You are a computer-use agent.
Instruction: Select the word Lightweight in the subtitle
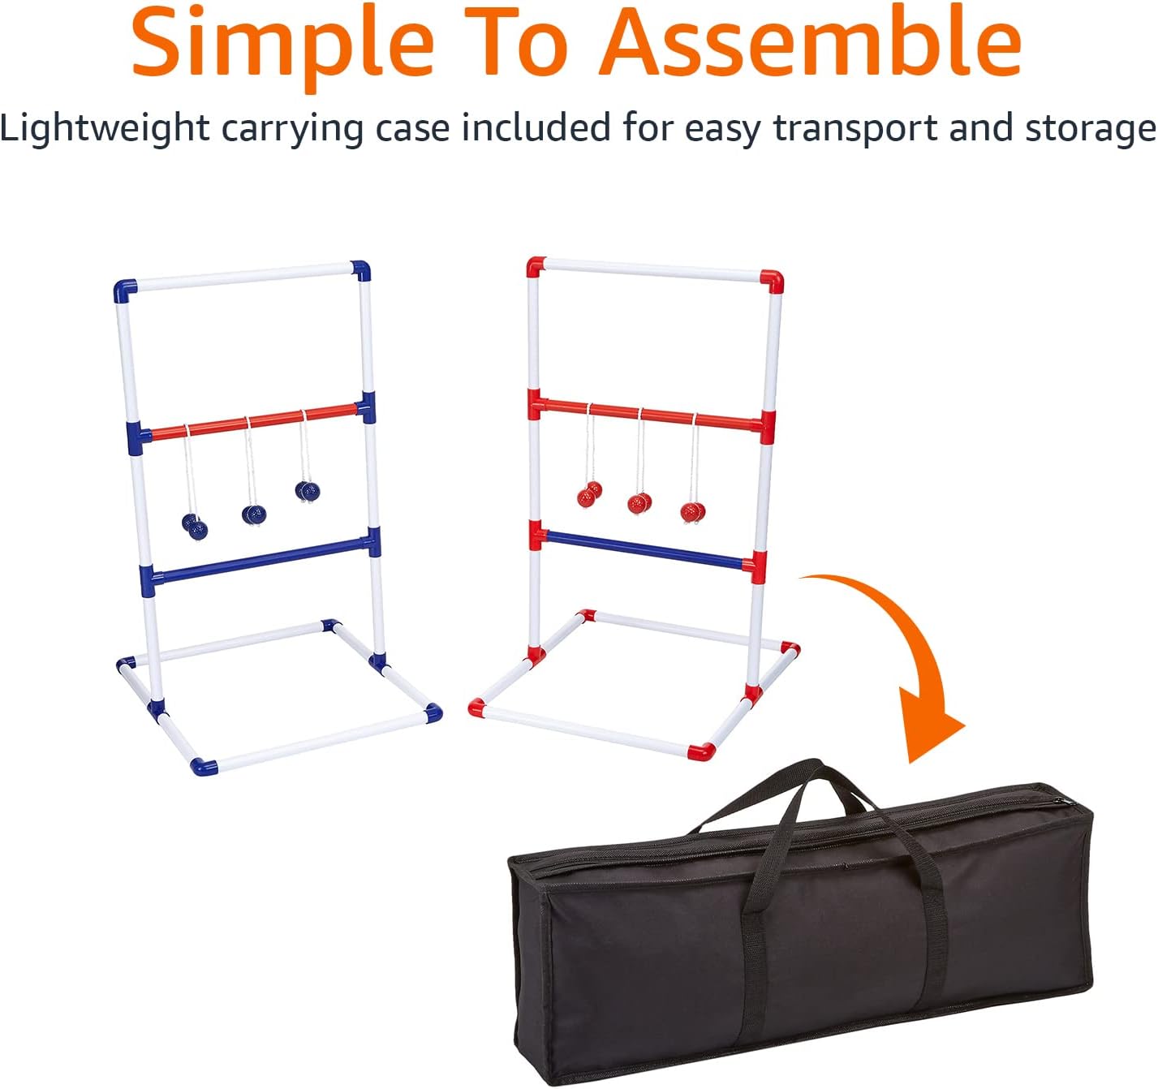(105, 128)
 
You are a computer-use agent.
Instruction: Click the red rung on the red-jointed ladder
(649, 413)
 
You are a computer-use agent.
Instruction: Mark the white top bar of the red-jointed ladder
(653, 270)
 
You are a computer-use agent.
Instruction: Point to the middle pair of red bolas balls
(639, 503)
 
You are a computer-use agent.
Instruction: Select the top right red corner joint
(773, 282)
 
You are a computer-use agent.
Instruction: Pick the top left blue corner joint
(125, 291)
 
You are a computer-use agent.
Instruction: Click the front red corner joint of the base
(701, 751)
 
